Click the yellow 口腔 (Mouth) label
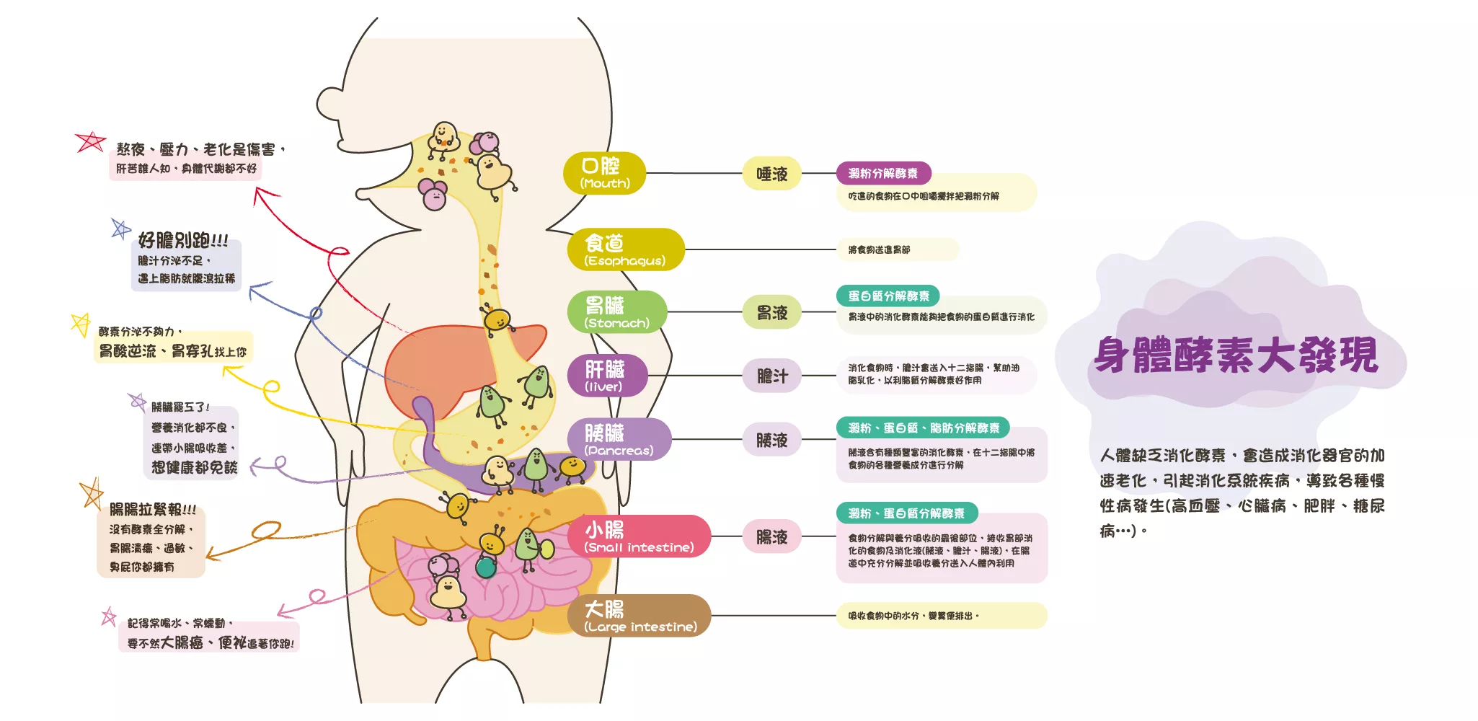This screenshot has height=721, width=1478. tap(604, 173)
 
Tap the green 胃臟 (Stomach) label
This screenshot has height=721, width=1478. tap(617, 312)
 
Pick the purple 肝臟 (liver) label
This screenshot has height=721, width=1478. tap(606, 376)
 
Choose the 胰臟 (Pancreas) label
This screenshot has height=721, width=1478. tap(619, 439)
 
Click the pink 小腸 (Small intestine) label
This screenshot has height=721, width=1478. tap(639, 536)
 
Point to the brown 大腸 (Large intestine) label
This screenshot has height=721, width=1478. tap(639, 616)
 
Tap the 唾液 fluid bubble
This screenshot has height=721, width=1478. tap(771, 174)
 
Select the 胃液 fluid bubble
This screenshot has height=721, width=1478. tap(771, 313)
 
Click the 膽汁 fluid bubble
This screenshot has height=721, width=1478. tap(771, 376)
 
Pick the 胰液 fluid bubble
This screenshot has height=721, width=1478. tap(771, 440)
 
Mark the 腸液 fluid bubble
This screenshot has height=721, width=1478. tap(771, 537)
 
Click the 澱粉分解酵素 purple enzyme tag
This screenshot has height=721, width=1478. tap(883, 173)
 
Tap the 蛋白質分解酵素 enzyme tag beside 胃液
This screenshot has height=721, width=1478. tap(888, 296)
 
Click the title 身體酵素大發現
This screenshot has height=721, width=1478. tap(1236, 355)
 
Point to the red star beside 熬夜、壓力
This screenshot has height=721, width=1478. tap(91, 141)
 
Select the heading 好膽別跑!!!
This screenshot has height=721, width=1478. tap(183, 240)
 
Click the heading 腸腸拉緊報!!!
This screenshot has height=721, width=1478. tap(152, 510)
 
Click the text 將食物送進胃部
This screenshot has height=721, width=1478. tap(879, 249)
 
